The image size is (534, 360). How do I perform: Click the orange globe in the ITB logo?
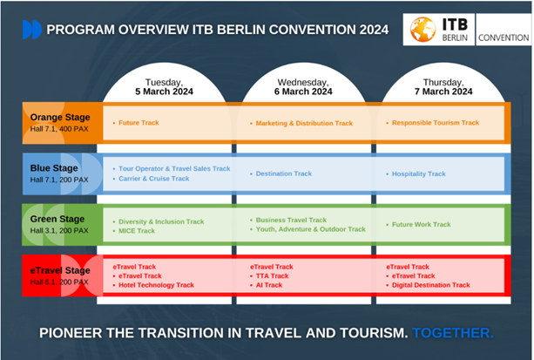[423, 30]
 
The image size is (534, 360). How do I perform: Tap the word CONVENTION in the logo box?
[504, 37]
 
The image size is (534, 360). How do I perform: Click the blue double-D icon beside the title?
[32, 30]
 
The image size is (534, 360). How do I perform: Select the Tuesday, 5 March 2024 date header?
[164, 87]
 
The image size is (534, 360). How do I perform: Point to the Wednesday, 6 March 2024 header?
[303, 87]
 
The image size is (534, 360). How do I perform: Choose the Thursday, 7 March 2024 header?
[443, 87]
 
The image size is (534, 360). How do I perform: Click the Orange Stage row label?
[60, 123]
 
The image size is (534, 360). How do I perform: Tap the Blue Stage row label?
[59, 173]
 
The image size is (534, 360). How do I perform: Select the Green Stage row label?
[59, 224]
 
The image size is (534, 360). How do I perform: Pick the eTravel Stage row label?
[60, 275]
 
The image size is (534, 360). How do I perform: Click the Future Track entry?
[139, 123]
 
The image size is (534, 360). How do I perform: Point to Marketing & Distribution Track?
[304, 123]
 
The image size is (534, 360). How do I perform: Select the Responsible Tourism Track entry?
[436, 123]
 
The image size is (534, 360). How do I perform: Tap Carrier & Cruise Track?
[154, 179]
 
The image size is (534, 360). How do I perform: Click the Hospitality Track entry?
[418, 173]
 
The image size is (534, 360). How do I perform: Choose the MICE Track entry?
[137, 231]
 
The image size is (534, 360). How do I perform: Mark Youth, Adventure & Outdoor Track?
[311, 229]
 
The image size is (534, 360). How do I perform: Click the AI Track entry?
[269, 285]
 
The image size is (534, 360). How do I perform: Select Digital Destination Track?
[431, 285]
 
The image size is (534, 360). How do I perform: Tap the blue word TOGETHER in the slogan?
[453, 333]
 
